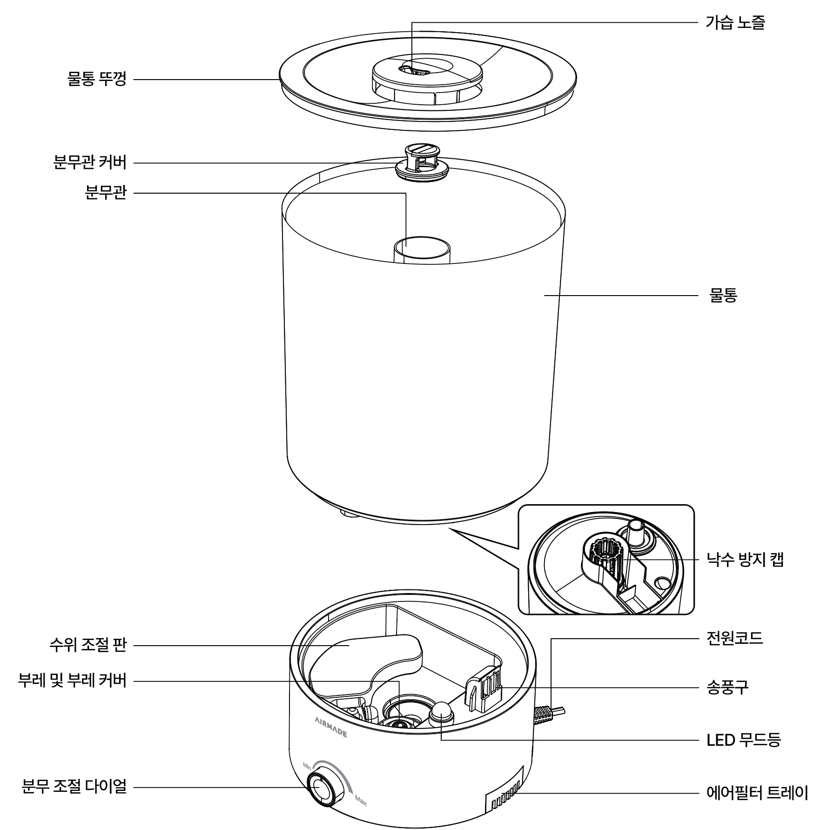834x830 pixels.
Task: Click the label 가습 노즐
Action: tap(735, 23)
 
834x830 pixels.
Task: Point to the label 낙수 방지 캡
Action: tap(745, 559)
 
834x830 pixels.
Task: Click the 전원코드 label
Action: tap(735, 637)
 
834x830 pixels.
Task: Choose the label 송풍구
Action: tap(727, 687)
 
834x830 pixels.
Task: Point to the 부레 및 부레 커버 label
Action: tap(72, 681)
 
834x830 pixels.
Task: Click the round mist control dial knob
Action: tap(322, 790)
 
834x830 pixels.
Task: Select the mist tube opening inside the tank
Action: tap(422, 244)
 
